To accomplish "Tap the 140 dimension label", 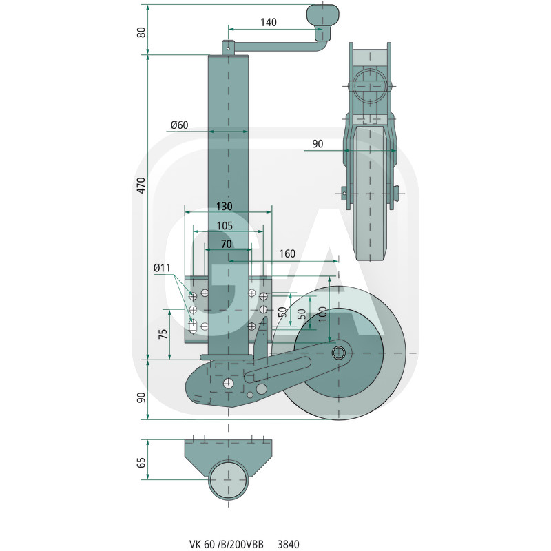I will coord(269,22).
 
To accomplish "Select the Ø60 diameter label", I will coord(179,125).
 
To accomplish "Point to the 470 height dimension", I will coord(141,186).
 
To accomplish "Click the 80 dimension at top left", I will coord(141,32).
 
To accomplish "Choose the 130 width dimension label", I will coord(223,207).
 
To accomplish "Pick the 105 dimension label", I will coord(223,226).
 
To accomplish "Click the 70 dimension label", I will coord(226,244).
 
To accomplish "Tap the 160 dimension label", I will coord(287,254).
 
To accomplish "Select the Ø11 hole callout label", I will coord(162,267).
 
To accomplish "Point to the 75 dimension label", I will coord(163,334).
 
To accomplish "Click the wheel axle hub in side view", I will coord(339,353).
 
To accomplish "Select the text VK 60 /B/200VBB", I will coord(226,544).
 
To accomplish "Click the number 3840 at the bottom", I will coord(288,544).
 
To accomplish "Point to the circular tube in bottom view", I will coord(229,479).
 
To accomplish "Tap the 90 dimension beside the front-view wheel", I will coord(318,144).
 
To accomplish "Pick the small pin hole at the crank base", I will coord(228,48).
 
